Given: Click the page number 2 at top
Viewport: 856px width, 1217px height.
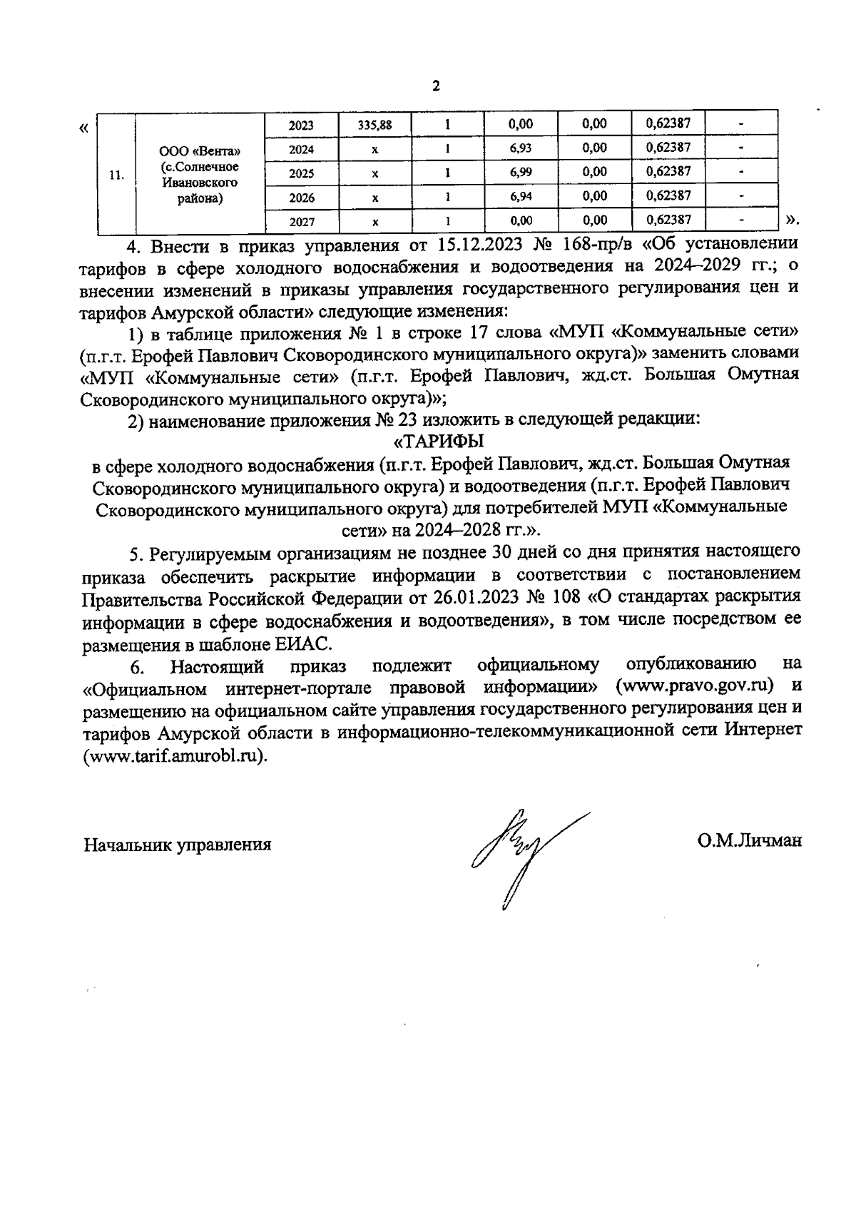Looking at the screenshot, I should pos(437,87).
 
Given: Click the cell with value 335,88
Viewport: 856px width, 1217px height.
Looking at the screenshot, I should pos(374,125).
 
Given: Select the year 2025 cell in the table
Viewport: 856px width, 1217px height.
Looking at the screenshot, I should pos(302,173).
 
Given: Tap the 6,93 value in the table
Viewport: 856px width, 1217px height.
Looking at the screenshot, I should pos(521,148).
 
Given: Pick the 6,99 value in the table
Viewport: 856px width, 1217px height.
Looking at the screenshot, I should pos(521,173).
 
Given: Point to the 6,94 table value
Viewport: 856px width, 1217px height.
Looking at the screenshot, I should pos(521,196).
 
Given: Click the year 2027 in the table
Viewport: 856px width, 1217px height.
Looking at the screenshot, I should pos(302,222).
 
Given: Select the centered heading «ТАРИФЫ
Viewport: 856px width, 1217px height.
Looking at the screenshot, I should pos(439,441).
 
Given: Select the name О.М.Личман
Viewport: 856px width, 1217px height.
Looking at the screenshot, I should pos(750,840).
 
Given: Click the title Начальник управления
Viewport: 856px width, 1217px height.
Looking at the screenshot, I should pos(178,845).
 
